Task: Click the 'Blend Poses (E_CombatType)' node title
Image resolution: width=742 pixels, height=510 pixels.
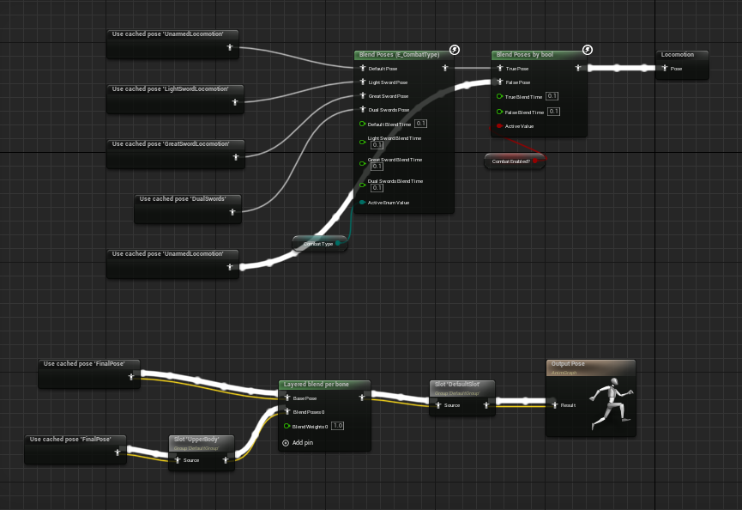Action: point(398,54)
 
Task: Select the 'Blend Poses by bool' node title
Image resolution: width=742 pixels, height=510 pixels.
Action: point(525,54)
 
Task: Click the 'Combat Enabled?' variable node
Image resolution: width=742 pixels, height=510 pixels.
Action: point(511,161)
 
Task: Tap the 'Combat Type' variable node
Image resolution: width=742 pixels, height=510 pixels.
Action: point(318,244)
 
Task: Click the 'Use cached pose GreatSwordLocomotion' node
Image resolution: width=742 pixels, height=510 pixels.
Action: point(175,144)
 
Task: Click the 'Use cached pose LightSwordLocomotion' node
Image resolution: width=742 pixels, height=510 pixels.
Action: point(175,89)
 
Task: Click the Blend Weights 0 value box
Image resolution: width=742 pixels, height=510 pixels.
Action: point(337,425)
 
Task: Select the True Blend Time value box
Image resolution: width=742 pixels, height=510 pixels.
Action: point(552,96)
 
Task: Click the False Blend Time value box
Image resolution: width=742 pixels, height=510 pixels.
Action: point(553,112)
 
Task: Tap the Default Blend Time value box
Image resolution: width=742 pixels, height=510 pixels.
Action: point(420,124)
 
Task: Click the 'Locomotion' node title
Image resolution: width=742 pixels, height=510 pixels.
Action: point(678,54)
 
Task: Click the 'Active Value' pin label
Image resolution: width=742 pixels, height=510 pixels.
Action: point(520,126)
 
